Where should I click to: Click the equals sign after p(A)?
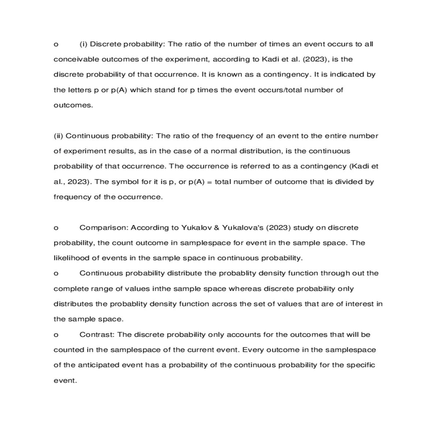tap(209, 182)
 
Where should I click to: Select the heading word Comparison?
tap(104, 228)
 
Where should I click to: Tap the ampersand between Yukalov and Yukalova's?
tap(216, 228)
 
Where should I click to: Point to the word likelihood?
tap(71, 258)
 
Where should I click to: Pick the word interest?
tap(360, 304)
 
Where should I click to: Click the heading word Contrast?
tap(97, 335)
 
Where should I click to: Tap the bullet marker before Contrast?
tap(56, 335)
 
